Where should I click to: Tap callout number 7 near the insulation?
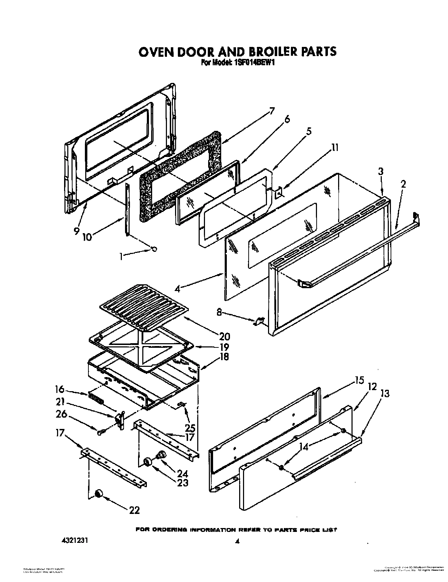click(x=272, y=110)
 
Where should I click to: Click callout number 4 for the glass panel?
click(x=178, y=289)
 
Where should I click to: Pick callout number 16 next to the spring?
click(x=60, y=389)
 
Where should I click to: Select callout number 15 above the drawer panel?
click(x=359, y=381)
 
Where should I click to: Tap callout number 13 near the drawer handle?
click(x=385, y=393)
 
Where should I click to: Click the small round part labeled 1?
click(x=154, y=249)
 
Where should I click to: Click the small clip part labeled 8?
click(x=260, y=320)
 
